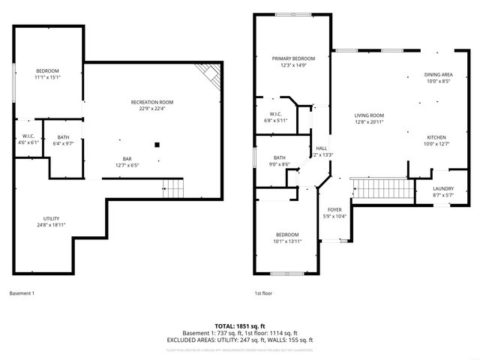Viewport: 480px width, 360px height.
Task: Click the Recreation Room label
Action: click(x=151, y=102)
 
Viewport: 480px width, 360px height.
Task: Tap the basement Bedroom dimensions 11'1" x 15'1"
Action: click(x=46, y=77)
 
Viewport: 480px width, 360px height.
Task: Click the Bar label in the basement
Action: click(x=128, y=158)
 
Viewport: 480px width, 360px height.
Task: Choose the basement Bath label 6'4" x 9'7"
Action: click(x=62, y=142)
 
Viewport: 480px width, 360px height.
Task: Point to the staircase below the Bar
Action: click(x=172, y=187)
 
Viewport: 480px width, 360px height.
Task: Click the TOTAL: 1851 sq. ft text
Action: click(x=240, y=326)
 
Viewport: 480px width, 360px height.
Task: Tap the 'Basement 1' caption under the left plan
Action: click(x=22, y=293)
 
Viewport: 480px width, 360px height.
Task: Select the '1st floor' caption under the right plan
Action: click(x=263, y=293)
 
